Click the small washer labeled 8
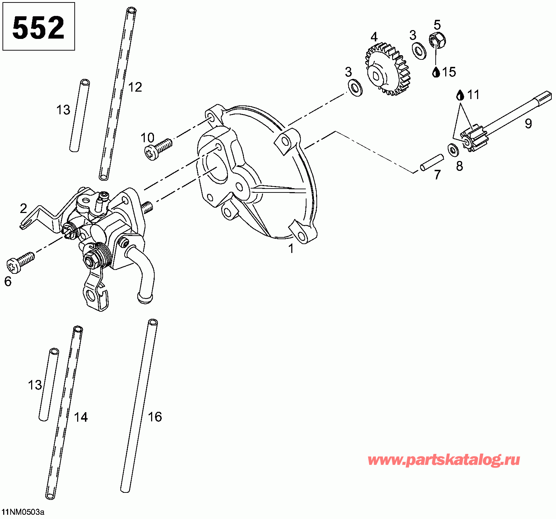pos(453,150)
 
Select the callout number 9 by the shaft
pos(528,123)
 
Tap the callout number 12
pos(135,87)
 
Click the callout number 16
pos(155,417)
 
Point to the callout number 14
pos(81,417)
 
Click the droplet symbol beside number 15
pos(436,72)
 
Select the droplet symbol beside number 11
pos(460,95)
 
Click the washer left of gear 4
pos(355,87)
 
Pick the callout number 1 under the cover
pos(291,249)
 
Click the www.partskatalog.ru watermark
pos(444,460)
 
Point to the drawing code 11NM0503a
pos(23,512)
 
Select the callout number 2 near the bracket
pos(23,208)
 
